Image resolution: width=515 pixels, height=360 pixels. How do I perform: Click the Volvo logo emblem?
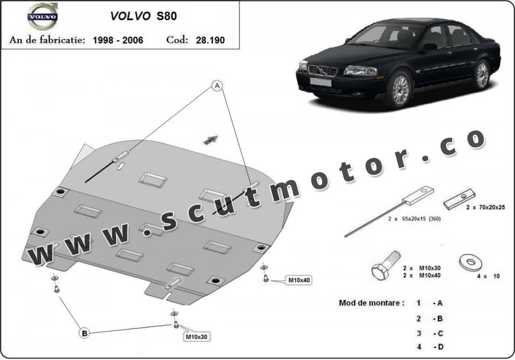pyautogui.click(x=43, y=16)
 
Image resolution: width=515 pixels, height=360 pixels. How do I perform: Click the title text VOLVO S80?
pyautogui.click(x=144, y=16)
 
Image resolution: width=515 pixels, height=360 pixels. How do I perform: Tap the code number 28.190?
pyautogui.click(x=210, y=40)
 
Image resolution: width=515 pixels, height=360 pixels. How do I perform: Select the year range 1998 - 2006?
pyautogui.click(x=118, y=40)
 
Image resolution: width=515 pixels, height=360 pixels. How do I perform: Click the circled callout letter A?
pyautogui.click(x=217, y=86)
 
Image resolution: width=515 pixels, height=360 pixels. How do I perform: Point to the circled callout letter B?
pyautogui.click(x=85, y=333)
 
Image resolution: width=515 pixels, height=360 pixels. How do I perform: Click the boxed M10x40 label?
pyautogui.click(x=299, y=280)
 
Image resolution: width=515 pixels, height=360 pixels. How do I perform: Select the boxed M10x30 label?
pyautogui.click(x=196, y=337)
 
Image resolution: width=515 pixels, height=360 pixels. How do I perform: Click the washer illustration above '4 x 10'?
pyautogui.click(x=470, y=263)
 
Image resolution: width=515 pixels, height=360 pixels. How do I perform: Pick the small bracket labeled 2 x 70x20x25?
pyautogui.click(x=459, y=199)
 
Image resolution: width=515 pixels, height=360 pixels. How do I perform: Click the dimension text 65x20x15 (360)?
pyautogui.click(x=421, y=219)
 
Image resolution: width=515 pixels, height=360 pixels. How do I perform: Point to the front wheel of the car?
pyautogui.click(x=400, y=89)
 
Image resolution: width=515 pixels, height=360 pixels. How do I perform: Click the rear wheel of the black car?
pyautogui.click(x=482, y=74)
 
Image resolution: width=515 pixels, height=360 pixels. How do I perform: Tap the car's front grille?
pyautogui.click(x=323, y=70)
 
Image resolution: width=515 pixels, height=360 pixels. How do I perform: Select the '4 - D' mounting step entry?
pyautogui.click(x=430, y=347)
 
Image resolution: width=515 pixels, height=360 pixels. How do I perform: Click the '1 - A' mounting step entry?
pyautogui.click(x=430, y=303)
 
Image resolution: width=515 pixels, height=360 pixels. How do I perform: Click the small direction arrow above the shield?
pyautogui.click(x=211, y=140)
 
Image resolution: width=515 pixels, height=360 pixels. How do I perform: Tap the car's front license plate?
pyautogui.click(x=320, y=82)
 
